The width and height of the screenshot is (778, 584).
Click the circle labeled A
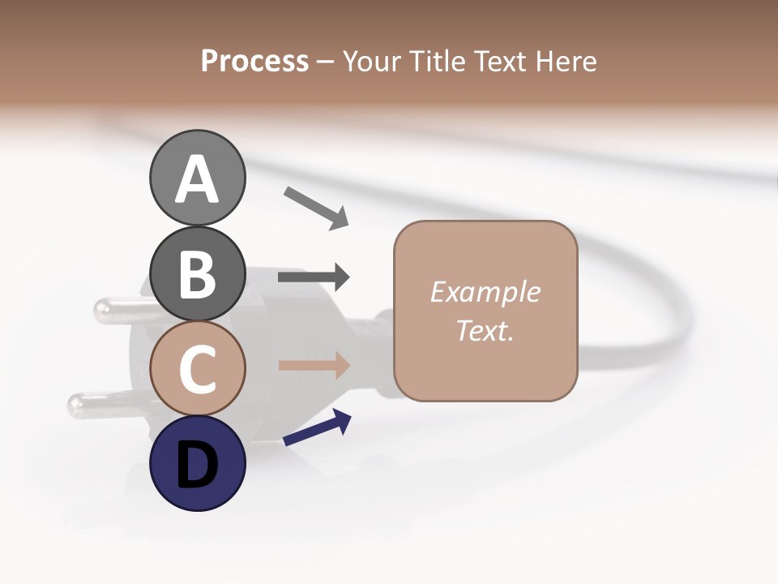tap(197, 178)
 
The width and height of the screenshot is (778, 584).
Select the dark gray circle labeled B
tap(197, 273)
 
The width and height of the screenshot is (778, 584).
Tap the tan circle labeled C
tap(197, 368)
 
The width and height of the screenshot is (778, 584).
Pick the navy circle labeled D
tap(197, 463)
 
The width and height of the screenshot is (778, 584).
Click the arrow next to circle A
tap(316, 207)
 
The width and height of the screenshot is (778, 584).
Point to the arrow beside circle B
tap(314, 277)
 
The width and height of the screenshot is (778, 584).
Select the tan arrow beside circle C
tap(314, 365)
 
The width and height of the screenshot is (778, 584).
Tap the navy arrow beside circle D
tap(317, 427)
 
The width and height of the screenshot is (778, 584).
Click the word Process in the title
tap(254, 61)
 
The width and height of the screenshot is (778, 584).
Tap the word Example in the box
tap(485, 291)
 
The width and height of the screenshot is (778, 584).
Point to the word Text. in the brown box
tap(485, 330)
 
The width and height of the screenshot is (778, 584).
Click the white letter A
tap(197, 179)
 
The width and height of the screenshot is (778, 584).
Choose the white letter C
tap(197, 370)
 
